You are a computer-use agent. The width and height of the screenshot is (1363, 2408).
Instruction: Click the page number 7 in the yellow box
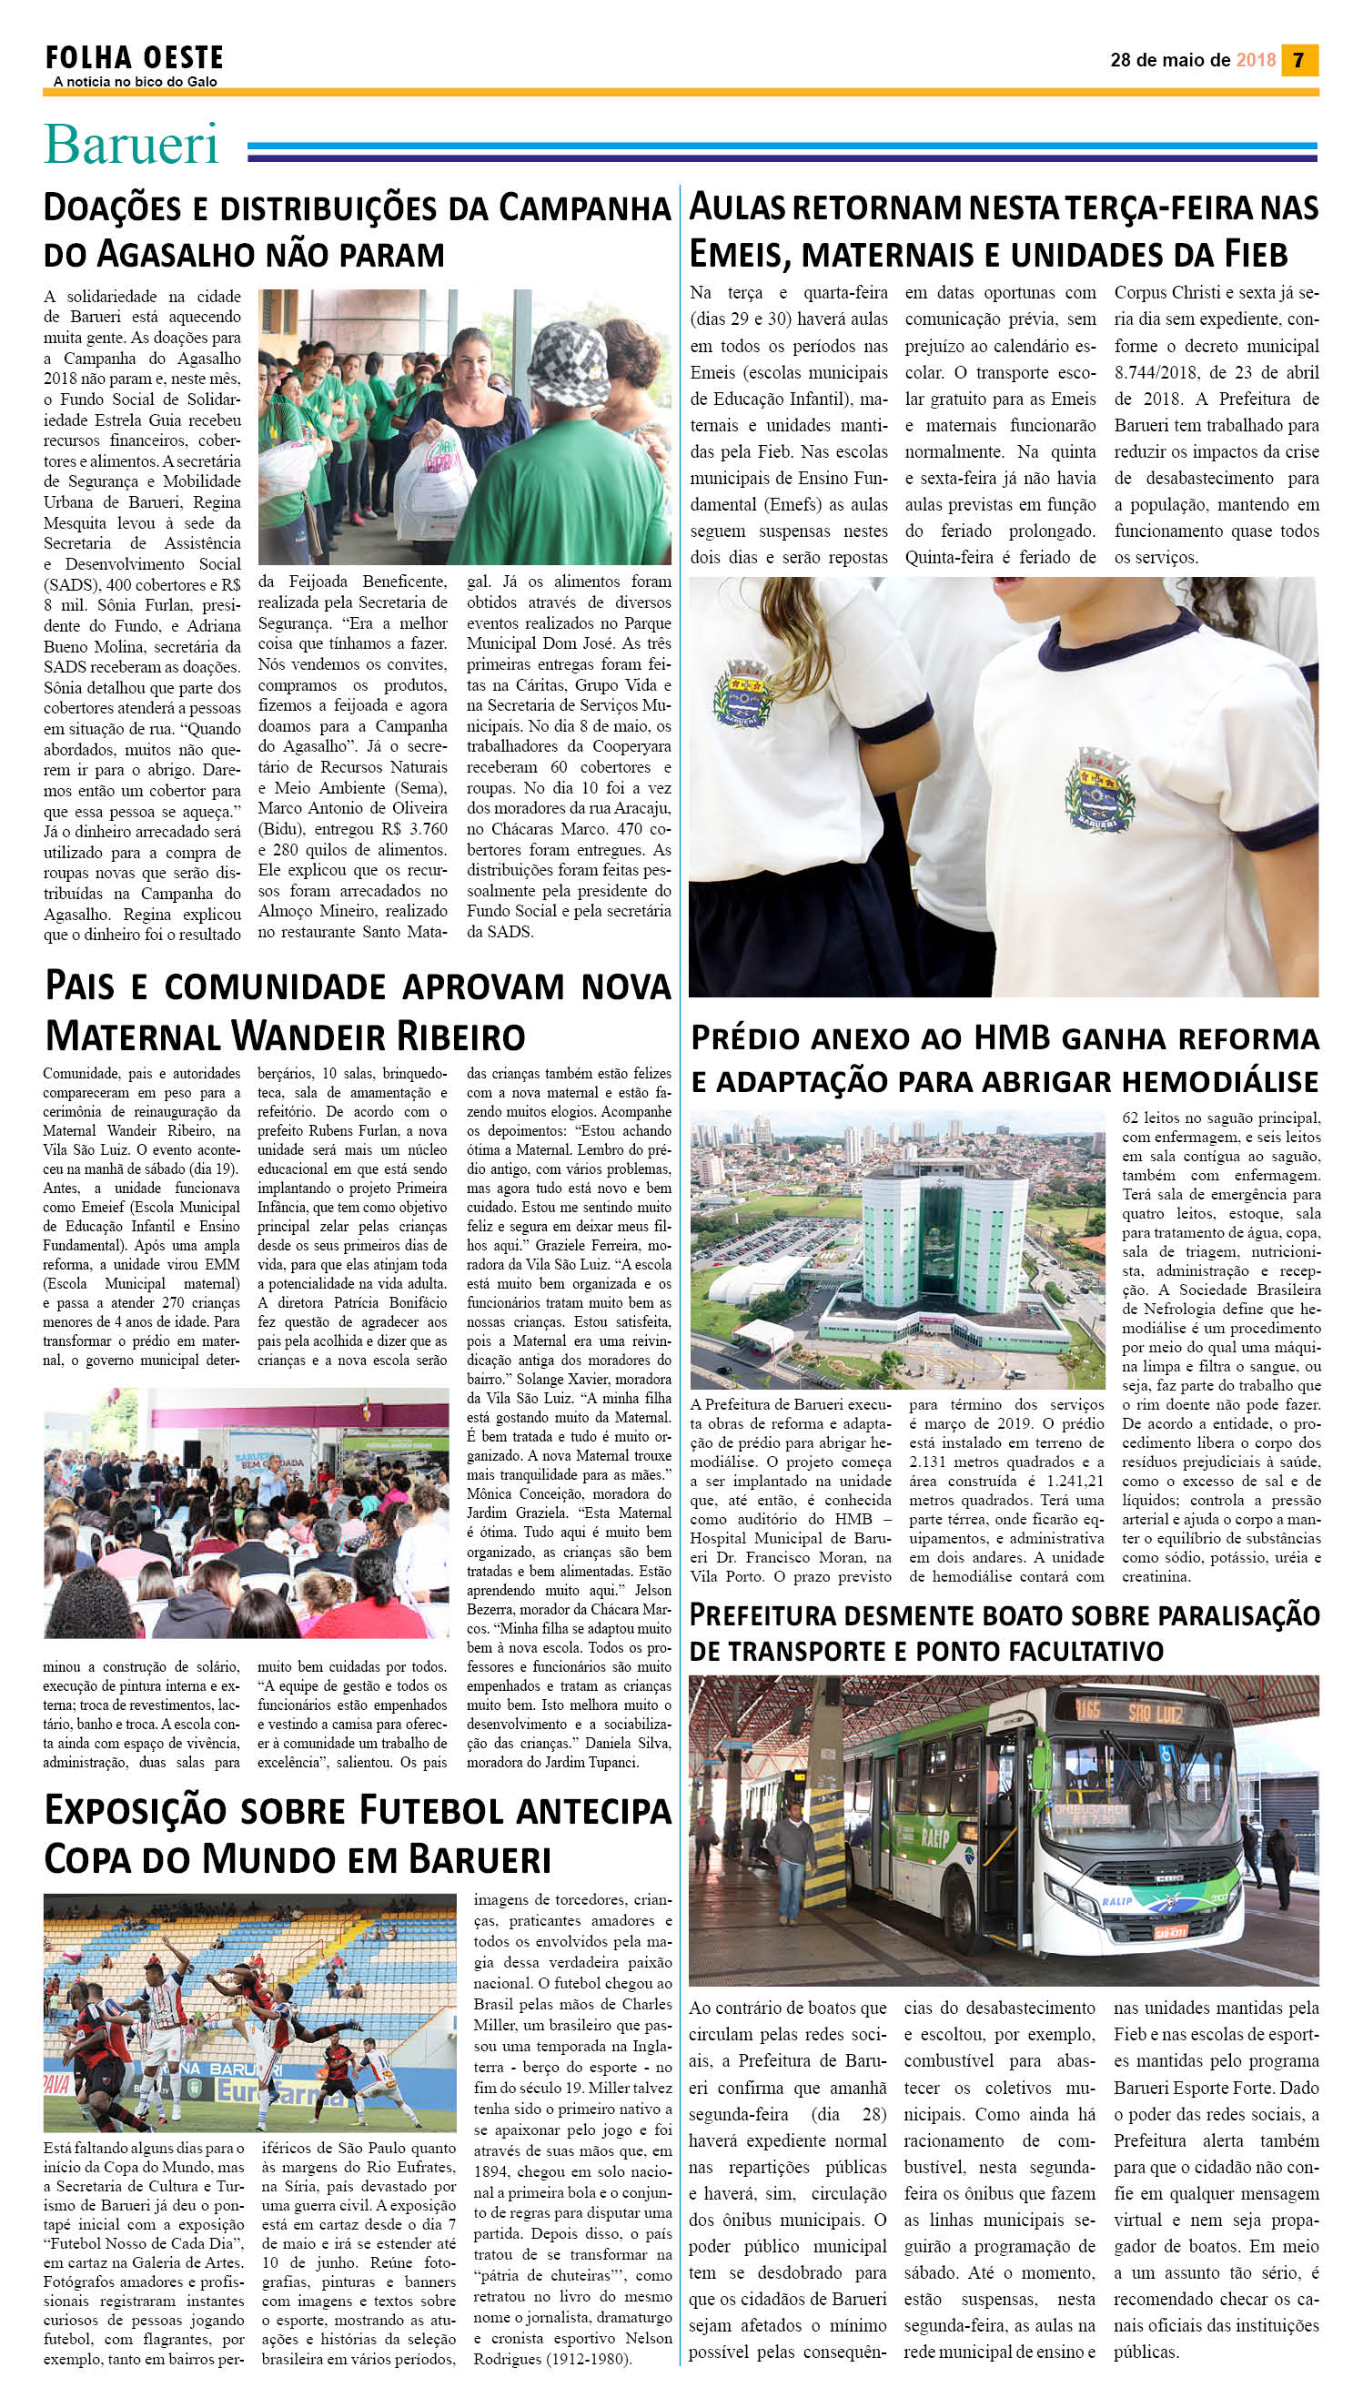tap(1298, 60)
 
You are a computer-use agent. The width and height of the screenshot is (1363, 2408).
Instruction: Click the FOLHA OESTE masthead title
tap(134, 58)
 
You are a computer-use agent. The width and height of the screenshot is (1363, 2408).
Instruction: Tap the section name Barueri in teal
tap(131, 144)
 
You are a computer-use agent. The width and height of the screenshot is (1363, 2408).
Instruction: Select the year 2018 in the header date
tap(1256, 60)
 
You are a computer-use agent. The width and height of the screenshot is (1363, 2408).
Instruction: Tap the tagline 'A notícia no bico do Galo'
tap(135, 83)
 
